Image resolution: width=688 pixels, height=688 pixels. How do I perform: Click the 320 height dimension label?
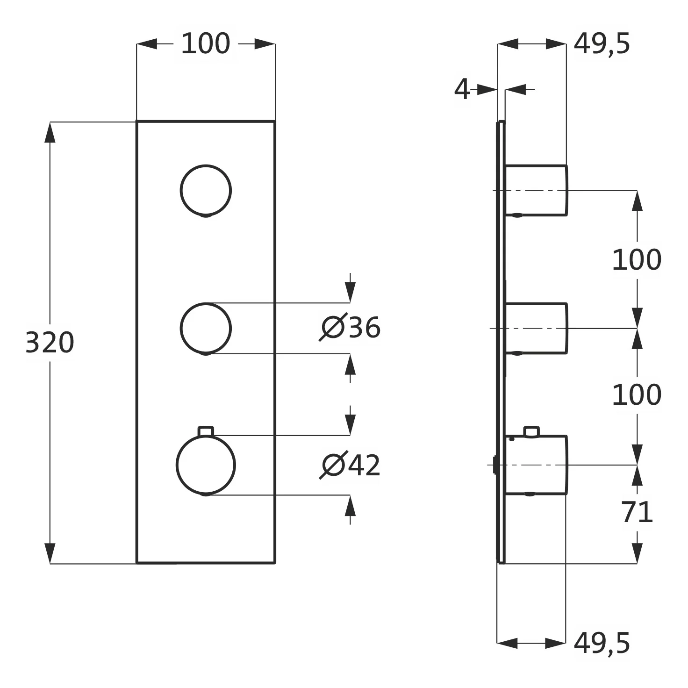50,343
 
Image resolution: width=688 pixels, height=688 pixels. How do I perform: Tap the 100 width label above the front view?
206,43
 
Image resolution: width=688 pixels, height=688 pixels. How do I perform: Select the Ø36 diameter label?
350,327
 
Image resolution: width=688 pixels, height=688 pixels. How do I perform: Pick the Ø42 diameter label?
350,465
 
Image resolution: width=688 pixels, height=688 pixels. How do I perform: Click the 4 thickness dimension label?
462,89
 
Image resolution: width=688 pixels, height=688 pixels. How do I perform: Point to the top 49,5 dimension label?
602,44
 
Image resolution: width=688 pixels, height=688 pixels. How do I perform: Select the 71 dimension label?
638,512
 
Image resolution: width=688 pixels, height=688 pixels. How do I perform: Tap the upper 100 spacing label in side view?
637,259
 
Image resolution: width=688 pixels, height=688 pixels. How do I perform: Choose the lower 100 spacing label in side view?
637,394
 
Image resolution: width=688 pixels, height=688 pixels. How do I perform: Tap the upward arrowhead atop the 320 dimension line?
50,132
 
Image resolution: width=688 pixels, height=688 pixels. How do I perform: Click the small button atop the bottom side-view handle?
531,431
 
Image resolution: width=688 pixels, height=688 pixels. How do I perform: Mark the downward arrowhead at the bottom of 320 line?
50,553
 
